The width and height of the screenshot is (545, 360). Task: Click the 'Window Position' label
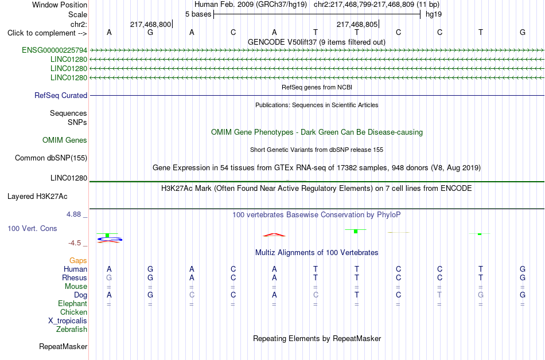[x=60, y=5]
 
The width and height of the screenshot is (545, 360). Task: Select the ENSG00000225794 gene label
[x=54, y=50]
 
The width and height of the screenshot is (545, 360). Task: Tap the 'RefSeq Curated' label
[x=61, y=96]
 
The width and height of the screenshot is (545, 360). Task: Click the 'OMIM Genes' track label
[x=65, y=140]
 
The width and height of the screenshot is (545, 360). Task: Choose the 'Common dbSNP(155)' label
[x=51, y=158]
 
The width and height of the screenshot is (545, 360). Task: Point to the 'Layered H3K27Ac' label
[x=37, y=197]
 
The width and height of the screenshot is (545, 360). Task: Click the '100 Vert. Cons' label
[x=32, y=228]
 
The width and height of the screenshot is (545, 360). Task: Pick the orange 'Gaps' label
[x=78, y=261]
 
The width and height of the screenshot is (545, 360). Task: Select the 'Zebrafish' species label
[x=72, y=329]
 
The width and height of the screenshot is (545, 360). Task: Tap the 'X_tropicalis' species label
[x=68, y=321]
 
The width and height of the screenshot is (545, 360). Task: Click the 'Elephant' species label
[x=72, y=303]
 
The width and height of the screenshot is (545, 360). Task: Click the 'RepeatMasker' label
[x=63, y=346]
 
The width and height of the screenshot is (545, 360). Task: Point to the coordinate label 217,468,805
[x=357, y=24]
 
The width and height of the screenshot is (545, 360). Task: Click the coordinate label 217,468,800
[x=150, y=24]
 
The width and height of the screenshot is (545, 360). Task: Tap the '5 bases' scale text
[x=198, y=14]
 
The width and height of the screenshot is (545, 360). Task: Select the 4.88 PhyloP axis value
[x=73, y=214]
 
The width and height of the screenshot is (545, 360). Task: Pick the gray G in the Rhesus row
[x=109, y=277]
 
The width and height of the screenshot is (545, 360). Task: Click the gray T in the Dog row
[x=439, y=295]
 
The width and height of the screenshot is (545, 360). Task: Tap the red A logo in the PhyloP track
[x=274, y=235]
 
